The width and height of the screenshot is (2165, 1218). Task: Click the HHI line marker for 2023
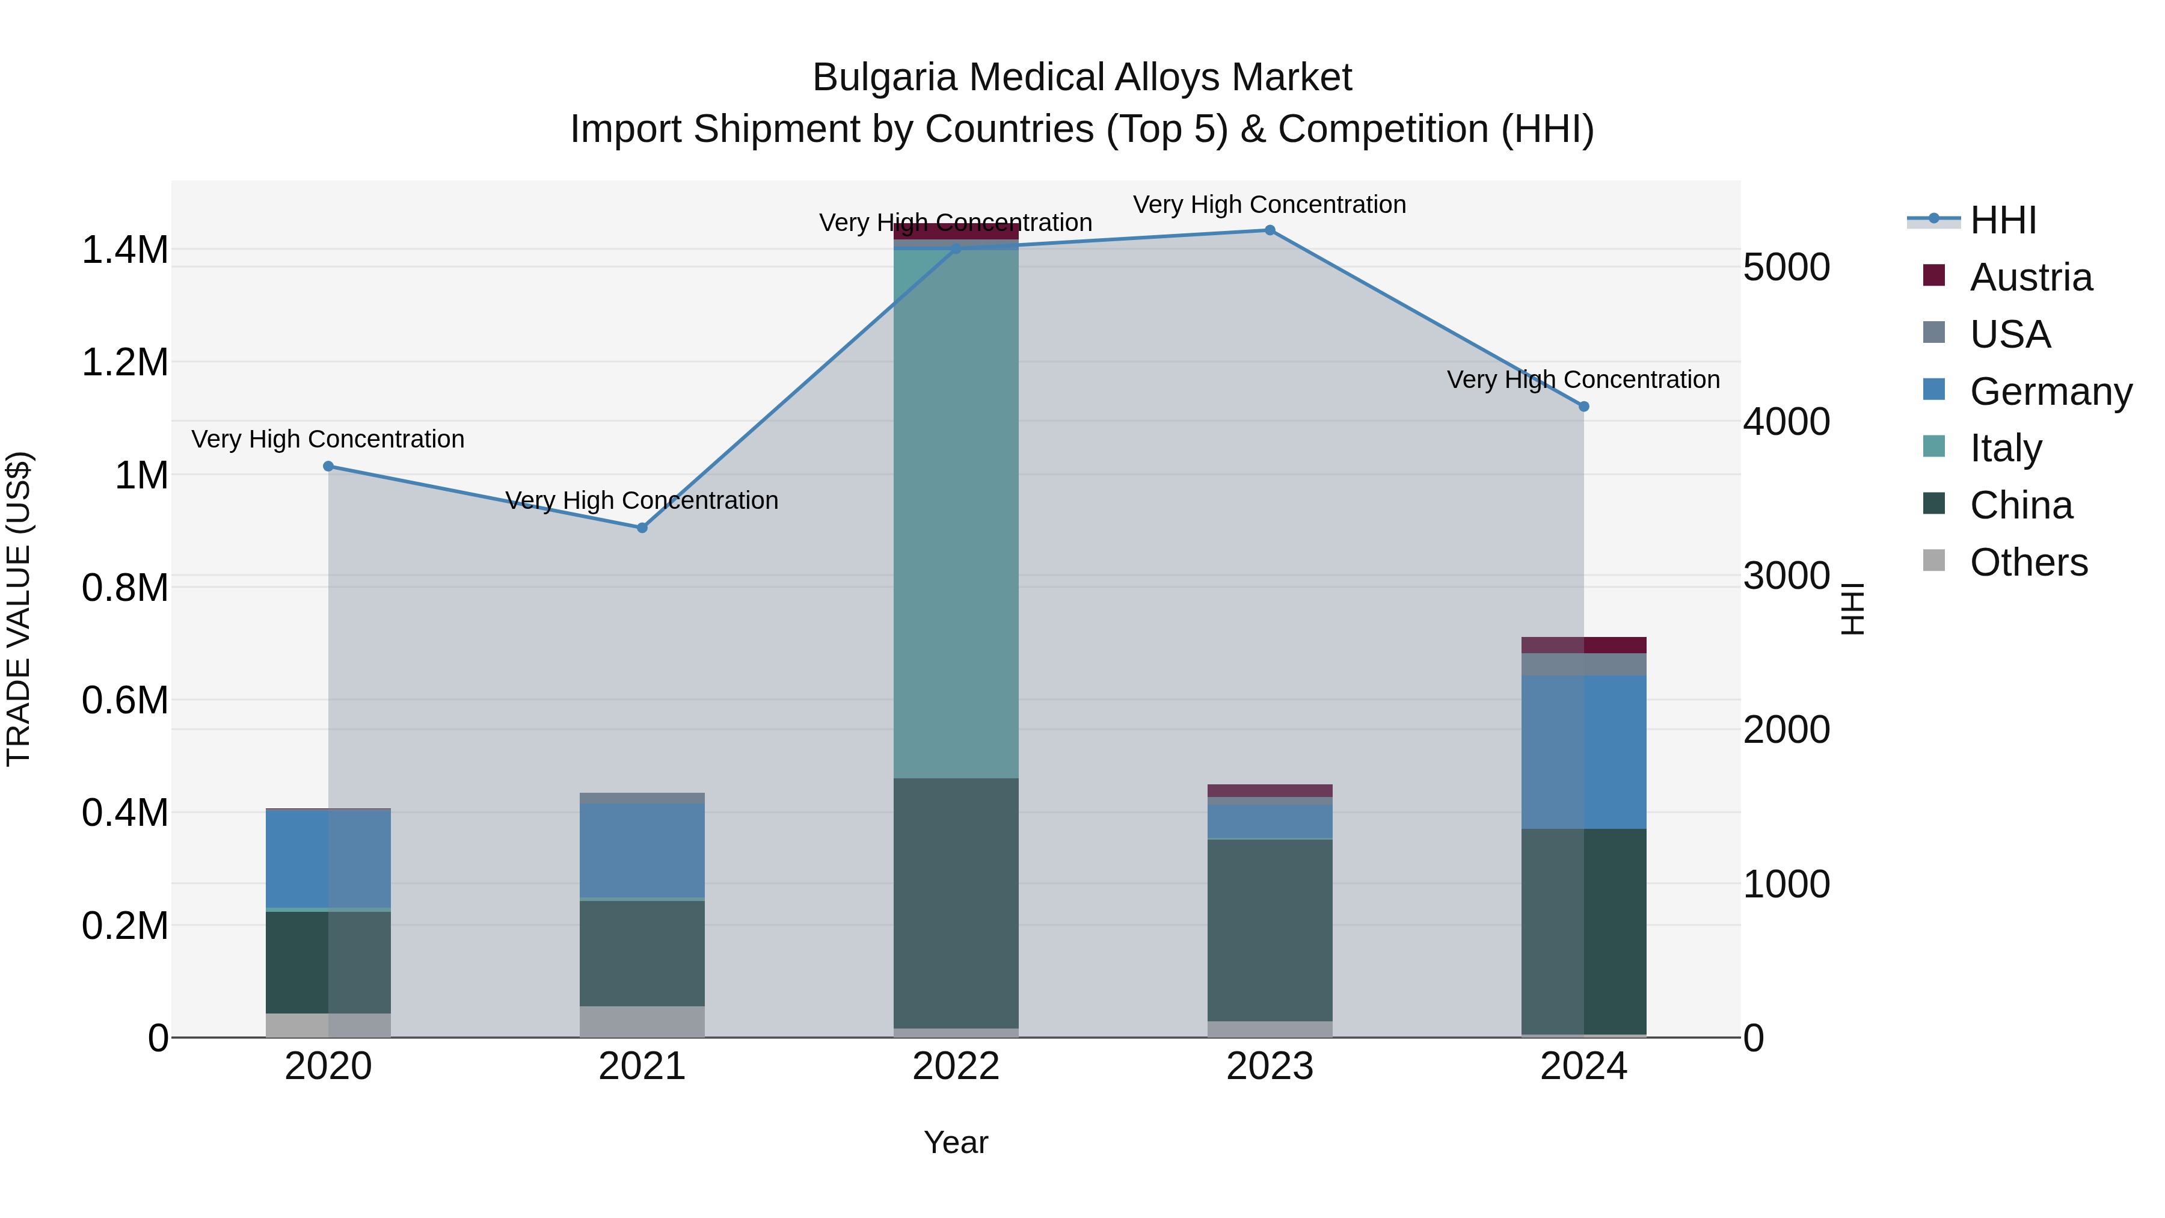tap(1269, 230)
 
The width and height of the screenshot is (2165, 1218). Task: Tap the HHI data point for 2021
tap(642, 528)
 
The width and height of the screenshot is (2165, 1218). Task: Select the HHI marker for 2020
tap(328, 467)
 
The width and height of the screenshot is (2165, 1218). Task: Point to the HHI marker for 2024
tap(1583, 407)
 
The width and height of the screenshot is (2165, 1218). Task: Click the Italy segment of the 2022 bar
tap(956, 512)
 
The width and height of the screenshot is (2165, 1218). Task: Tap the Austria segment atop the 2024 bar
tap(1583, 645)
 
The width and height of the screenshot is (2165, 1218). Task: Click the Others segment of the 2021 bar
tap(642, 1021)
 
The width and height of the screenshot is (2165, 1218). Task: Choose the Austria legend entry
tap(2030, 277)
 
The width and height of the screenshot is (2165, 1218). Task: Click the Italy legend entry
tap(2004, 448)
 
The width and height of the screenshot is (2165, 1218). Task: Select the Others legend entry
tap(2027, 562)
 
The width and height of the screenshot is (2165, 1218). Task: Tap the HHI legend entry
tap(2002, 220)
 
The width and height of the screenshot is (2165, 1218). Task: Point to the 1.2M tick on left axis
tap(124, 363)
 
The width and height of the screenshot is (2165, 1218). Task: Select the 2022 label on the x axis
tap(956, 1066)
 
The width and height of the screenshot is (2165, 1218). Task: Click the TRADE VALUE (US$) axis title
tap(19, 609)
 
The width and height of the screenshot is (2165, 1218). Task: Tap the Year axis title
tap(956, 1142)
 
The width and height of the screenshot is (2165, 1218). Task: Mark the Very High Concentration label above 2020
tap(328, 439)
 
